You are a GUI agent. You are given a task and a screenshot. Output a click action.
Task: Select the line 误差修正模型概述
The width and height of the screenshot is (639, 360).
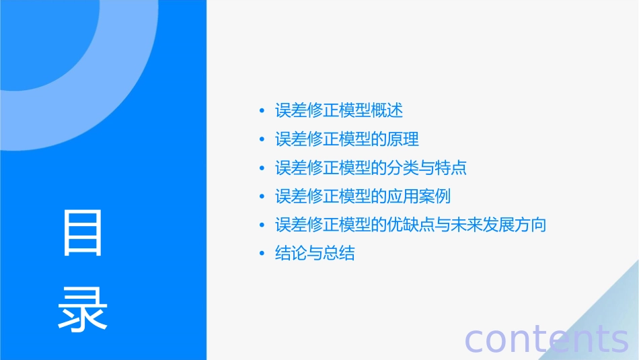339,110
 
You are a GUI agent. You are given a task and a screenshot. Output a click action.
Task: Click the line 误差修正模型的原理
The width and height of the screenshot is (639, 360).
347,139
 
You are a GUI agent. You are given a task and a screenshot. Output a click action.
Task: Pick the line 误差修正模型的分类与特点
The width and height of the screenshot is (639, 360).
371,168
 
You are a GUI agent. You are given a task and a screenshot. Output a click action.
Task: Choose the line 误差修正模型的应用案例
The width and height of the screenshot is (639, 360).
363,196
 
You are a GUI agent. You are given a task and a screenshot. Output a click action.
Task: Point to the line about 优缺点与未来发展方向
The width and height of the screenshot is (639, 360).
410,225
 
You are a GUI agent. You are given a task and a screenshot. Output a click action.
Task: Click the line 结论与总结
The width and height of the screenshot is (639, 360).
315,254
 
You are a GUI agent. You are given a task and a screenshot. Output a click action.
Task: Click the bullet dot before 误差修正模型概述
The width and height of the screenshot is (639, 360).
262,111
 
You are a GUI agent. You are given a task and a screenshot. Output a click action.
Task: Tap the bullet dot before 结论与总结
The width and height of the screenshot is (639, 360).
262,254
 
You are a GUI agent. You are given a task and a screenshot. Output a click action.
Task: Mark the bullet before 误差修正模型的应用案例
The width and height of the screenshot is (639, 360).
262,197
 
